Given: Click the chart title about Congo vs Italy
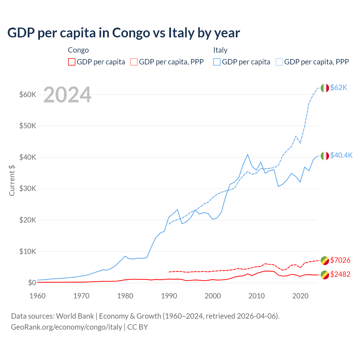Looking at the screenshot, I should (123, 33).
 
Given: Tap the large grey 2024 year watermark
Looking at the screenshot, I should (67, 95).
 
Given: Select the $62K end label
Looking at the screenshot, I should (339, 88).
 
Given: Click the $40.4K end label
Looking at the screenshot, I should (341, 155).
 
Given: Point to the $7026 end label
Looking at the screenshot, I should (340, 260).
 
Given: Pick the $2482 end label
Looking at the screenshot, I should (340, 274).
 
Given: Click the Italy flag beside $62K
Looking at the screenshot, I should (325, 88).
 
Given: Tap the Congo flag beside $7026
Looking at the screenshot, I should (325, 260).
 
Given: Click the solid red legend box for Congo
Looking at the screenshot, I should (72, 62).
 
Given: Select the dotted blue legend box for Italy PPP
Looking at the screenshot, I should (279, 62).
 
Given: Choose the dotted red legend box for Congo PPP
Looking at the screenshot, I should (134, 62).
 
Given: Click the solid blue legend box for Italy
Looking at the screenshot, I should (217, 62).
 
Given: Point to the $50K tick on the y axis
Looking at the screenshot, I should (28, 126).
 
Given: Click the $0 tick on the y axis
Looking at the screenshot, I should (32, 283).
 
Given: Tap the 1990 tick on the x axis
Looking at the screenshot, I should (169, 296).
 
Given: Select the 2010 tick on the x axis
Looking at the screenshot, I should (256, 296).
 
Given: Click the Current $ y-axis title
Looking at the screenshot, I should (12, 180).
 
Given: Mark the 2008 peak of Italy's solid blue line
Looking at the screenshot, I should (247, 154).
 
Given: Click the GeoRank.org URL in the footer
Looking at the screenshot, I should (66, 327).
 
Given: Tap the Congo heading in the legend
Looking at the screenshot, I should (78, 50).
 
